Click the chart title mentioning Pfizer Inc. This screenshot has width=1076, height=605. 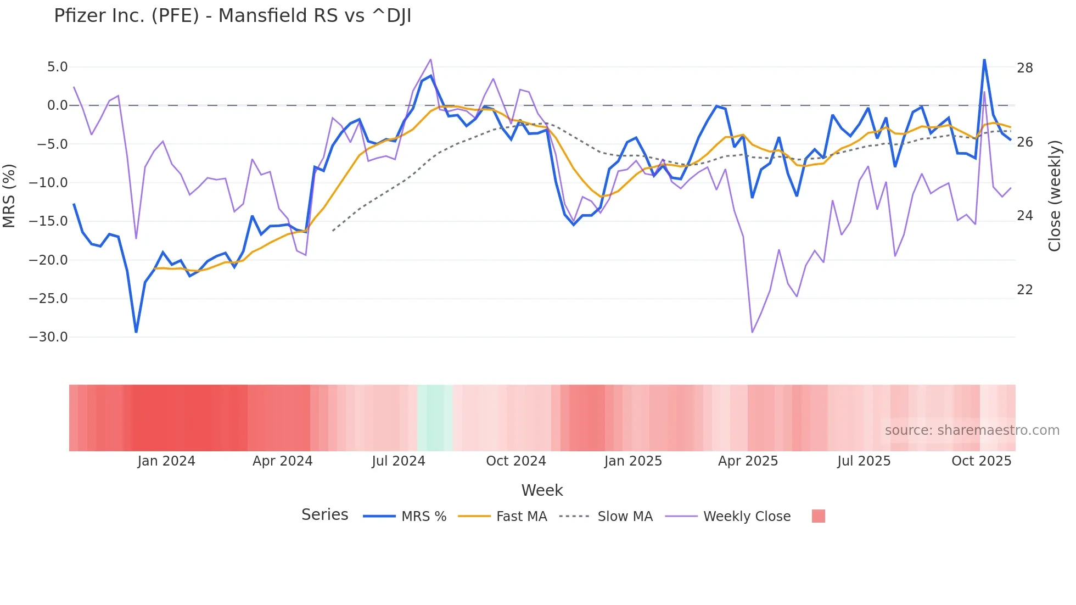pyautogui.click(x=232, y=16)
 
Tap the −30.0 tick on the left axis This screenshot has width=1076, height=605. pyautogui.click(x=48, y=337)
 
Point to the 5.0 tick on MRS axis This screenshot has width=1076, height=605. pyautogui.click(x=57, y=67)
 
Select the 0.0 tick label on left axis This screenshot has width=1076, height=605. pyautogui.click(x=57, y=105)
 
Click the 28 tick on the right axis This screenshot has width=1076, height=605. pyautogui.click(x=1024, y=68)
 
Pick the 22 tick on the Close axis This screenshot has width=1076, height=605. pyautogui.click(x=1024, y=290)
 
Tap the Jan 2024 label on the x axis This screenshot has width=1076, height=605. pyautogui.click(x=166, y=461)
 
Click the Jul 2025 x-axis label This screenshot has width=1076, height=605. pyautogui.click(x=864, y=461)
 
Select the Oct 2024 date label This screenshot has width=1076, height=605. pyautogui.click(x=515, y=461)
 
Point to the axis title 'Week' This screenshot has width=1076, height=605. pyautogui.click(x=542, y=490)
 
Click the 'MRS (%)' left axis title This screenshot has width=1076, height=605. pyautogui.click(x=9, y=195)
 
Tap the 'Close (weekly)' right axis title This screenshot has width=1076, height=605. pyautogui.click(x=1054, y=196)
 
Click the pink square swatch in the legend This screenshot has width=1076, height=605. pyautogui.click(x=818, y=516)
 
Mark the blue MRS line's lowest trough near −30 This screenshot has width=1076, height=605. pyautogui.click(x=136, y=332)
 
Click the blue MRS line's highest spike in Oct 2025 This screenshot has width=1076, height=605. pyautogui.click(x=984, y=60)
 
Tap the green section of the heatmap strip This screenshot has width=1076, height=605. pyautogui.click(x=435, y=418)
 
